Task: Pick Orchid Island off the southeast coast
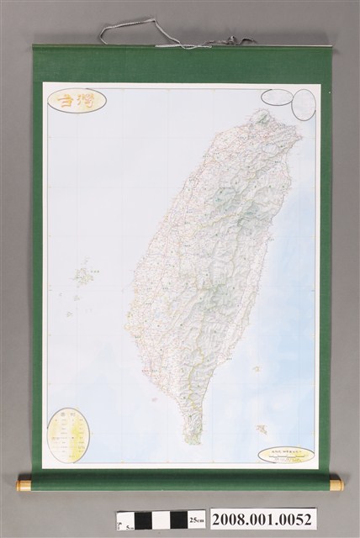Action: point(263,428)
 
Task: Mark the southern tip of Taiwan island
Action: point(194,440)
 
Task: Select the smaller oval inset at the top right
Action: point(273,98)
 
